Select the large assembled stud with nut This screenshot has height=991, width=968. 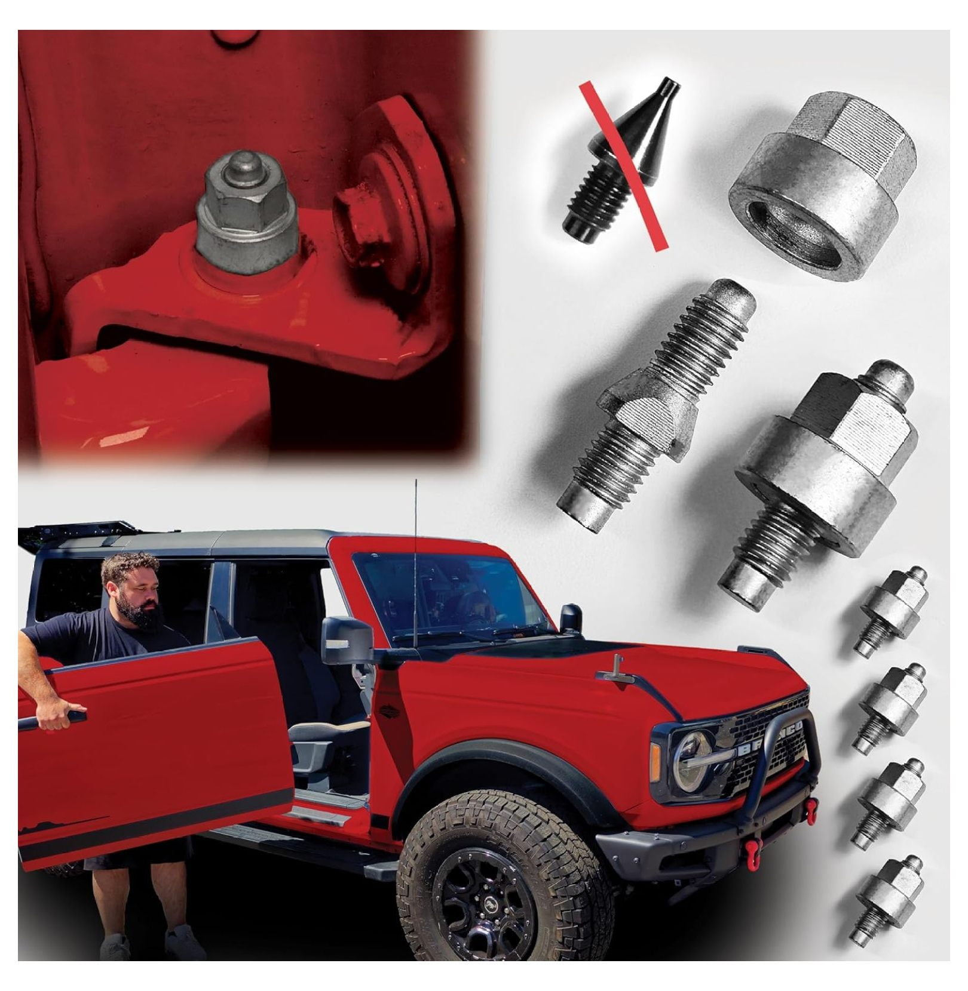822,484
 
